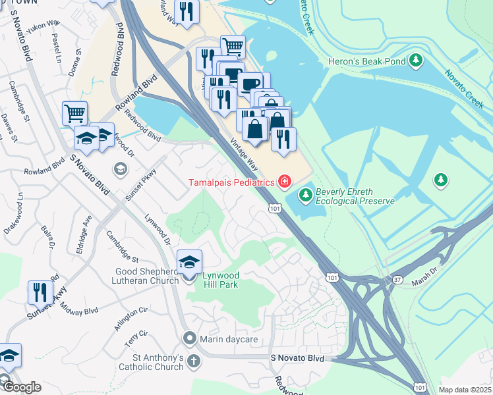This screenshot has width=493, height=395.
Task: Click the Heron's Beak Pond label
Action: [x=366, y=61]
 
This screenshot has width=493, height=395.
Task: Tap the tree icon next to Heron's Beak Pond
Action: [x=415, y=61]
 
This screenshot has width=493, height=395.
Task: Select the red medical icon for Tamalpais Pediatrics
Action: [x=285, y=181]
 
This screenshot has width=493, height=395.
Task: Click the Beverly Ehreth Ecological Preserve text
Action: [x=355, y=196]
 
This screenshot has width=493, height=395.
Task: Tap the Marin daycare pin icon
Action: [x=190, y=339]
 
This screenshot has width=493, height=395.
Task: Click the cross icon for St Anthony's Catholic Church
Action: [x=193, y=361]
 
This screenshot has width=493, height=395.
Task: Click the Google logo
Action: [x=21, y=387]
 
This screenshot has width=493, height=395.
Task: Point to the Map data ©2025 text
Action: [x=465, y=390]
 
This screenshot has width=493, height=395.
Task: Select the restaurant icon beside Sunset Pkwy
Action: [x=40, y=291]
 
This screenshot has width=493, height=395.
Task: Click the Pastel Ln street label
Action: [x=56, y=43]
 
